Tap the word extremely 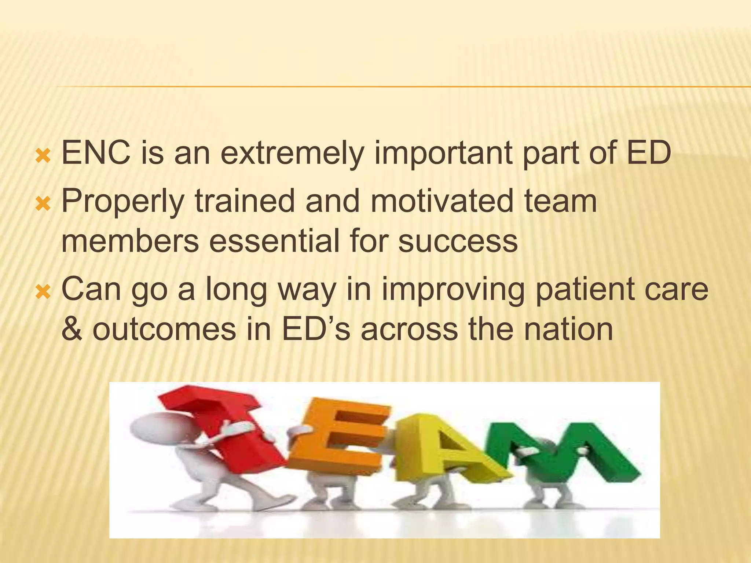(x=291, y=153)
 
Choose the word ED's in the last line (x=316, y=329)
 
